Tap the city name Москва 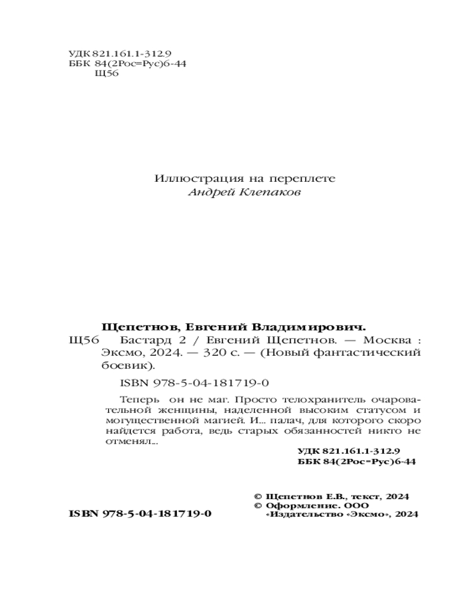pos(386,340)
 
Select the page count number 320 pos(200,353)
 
